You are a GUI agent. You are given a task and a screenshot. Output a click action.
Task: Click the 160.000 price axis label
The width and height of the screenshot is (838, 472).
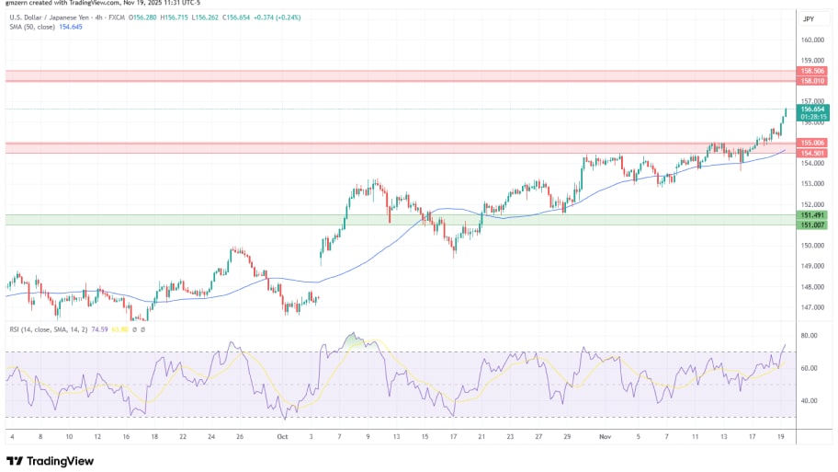click(811, 40)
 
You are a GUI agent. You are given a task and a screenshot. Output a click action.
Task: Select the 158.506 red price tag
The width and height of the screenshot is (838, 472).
click(813, 70)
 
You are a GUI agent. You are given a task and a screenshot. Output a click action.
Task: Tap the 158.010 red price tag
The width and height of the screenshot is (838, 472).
click(813, 81)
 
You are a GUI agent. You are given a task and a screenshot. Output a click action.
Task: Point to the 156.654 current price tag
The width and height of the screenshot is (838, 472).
click(811, 109)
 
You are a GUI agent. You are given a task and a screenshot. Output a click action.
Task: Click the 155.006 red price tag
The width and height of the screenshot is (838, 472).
click(813, 143)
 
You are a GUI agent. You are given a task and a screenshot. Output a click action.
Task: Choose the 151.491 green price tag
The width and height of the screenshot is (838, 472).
click(813, 214)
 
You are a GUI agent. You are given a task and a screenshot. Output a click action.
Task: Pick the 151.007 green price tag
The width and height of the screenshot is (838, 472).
click(813, 224)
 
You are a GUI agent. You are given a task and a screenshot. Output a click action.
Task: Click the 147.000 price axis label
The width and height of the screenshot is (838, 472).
click(811, 307)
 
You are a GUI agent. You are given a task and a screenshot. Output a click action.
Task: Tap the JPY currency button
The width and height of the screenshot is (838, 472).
click(809, 18)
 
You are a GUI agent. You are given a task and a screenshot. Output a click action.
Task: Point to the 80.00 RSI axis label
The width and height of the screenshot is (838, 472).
click(810, 336)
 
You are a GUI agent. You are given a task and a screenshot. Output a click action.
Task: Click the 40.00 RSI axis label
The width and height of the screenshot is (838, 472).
click(810, 401)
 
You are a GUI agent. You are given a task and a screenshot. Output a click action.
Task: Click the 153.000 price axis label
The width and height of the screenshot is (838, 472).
click(811, 184)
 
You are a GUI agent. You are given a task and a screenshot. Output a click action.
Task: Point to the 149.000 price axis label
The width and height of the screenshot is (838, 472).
click(811, 266)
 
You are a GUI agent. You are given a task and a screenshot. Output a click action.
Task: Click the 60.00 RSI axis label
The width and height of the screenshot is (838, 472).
click(810, 368)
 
